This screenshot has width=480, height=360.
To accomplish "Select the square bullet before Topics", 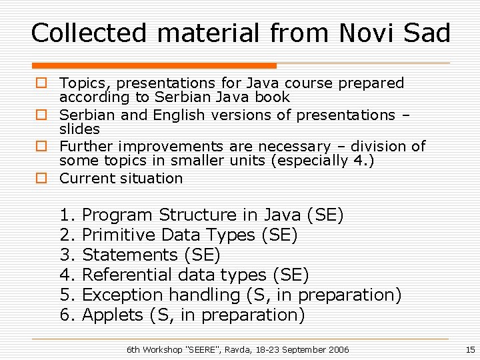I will click(41, 83).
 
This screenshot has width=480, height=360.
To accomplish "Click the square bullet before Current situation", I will click(41, 179).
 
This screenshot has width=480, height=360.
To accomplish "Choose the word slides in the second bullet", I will click(79, 129).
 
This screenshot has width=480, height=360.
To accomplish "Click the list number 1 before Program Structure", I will click(65, 215).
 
